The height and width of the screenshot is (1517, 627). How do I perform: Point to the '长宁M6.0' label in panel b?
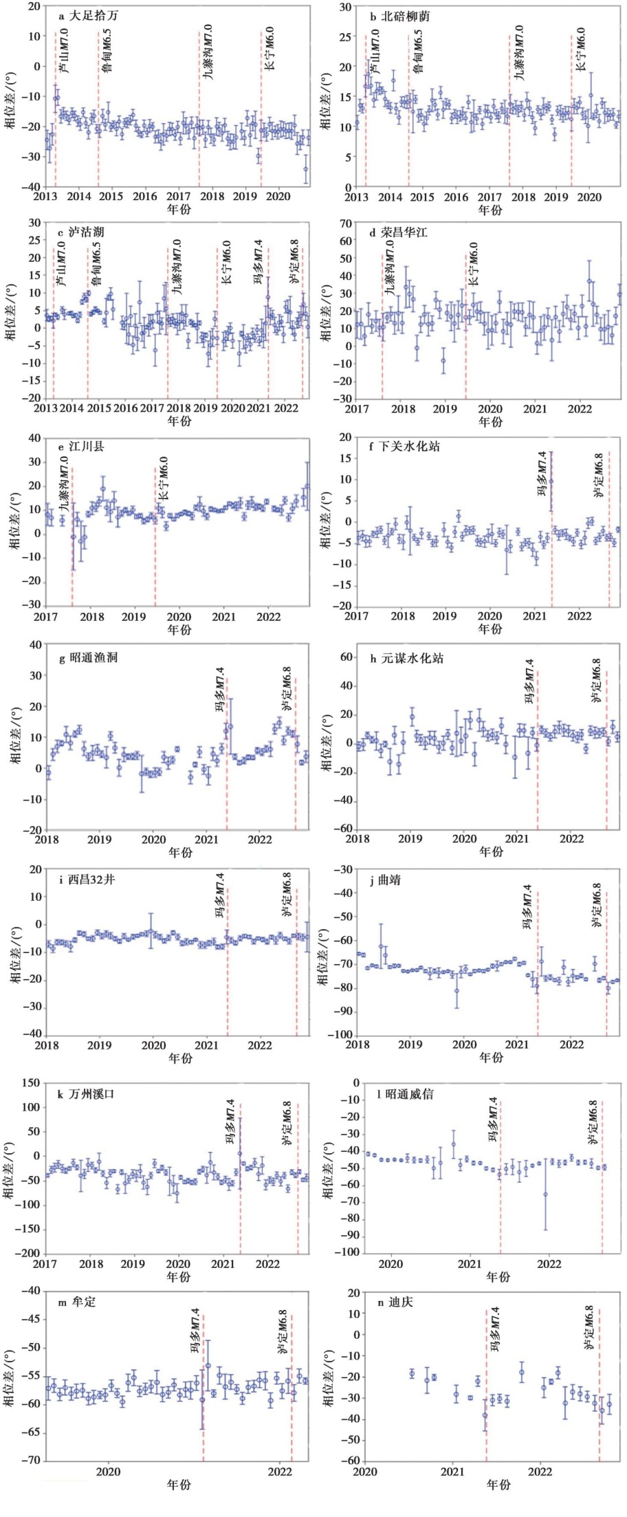coord(581,49)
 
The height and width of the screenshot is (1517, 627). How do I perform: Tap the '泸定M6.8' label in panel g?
coord(286,688)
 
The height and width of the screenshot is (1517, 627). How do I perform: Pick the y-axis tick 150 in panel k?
coord(31,1084)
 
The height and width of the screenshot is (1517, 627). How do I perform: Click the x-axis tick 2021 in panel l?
coord(470,1264)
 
